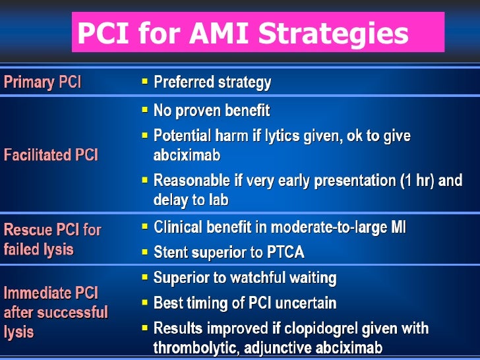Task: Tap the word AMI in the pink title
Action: pyautogui.click(x=216, y=33)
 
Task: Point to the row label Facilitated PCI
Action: pyautogui.click(x=51, y=155)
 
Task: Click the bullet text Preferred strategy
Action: pyautogui.click(x=212, y=82)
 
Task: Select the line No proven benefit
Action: pyautogui.click(x=211, y=111)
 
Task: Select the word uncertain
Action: pyautogui.click(x=306, y=303)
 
